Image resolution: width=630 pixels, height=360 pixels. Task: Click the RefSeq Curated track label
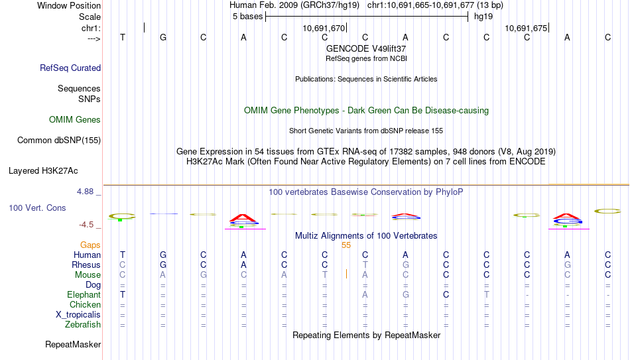click(x=70, y=68)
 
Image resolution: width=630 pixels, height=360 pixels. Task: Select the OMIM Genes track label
click(x=75, y=120)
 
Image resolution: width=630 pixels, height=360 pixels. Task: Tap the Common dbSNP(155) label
click(x=59, y=141)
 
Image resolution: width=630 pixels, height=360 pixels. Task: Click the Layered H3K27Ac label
click(x=43, y=171)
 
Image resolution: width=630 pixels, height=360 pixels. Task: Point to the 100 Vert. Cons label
click(x=37, y=208)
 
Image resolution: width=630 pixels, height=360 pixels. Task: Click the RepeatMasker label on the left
click(x=73, y=344)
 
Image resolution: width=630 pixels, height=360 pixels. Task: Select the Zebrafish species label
click(x=83, y=324)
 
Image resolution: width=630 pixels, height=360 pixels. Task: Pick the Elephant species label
click(x=84, y=294)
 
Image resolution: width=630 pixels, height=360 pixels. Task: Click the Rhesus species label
click(x=86, y=265)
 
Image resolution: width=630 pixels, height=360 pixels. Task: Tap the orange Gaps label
click(x=90, y=245)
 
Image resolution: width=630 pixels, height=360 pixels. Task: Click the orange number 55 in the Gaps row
click(x=346, y=245)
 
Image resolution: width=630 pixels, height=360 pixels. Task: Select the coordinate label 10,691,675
click(x=526, y=28)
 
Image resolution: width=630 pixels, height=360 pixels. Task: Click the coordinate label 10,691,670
click(x=324, y=28)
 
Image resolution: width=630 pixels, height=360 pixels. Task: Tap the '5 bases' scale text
click(x=247, y=17)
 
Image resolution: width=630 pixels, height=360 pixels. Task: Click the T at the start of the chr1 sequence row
click(x=123, y=37)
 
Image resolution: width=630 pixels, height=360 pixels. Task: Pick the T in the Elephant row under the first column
click(x=123, y=294)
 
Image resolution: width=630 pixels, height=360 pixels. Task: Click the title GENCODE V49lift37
click(x=366, y=48)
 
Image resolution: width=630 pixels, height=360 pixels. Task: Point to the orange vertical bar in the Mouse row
click(x=346, y=274)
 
